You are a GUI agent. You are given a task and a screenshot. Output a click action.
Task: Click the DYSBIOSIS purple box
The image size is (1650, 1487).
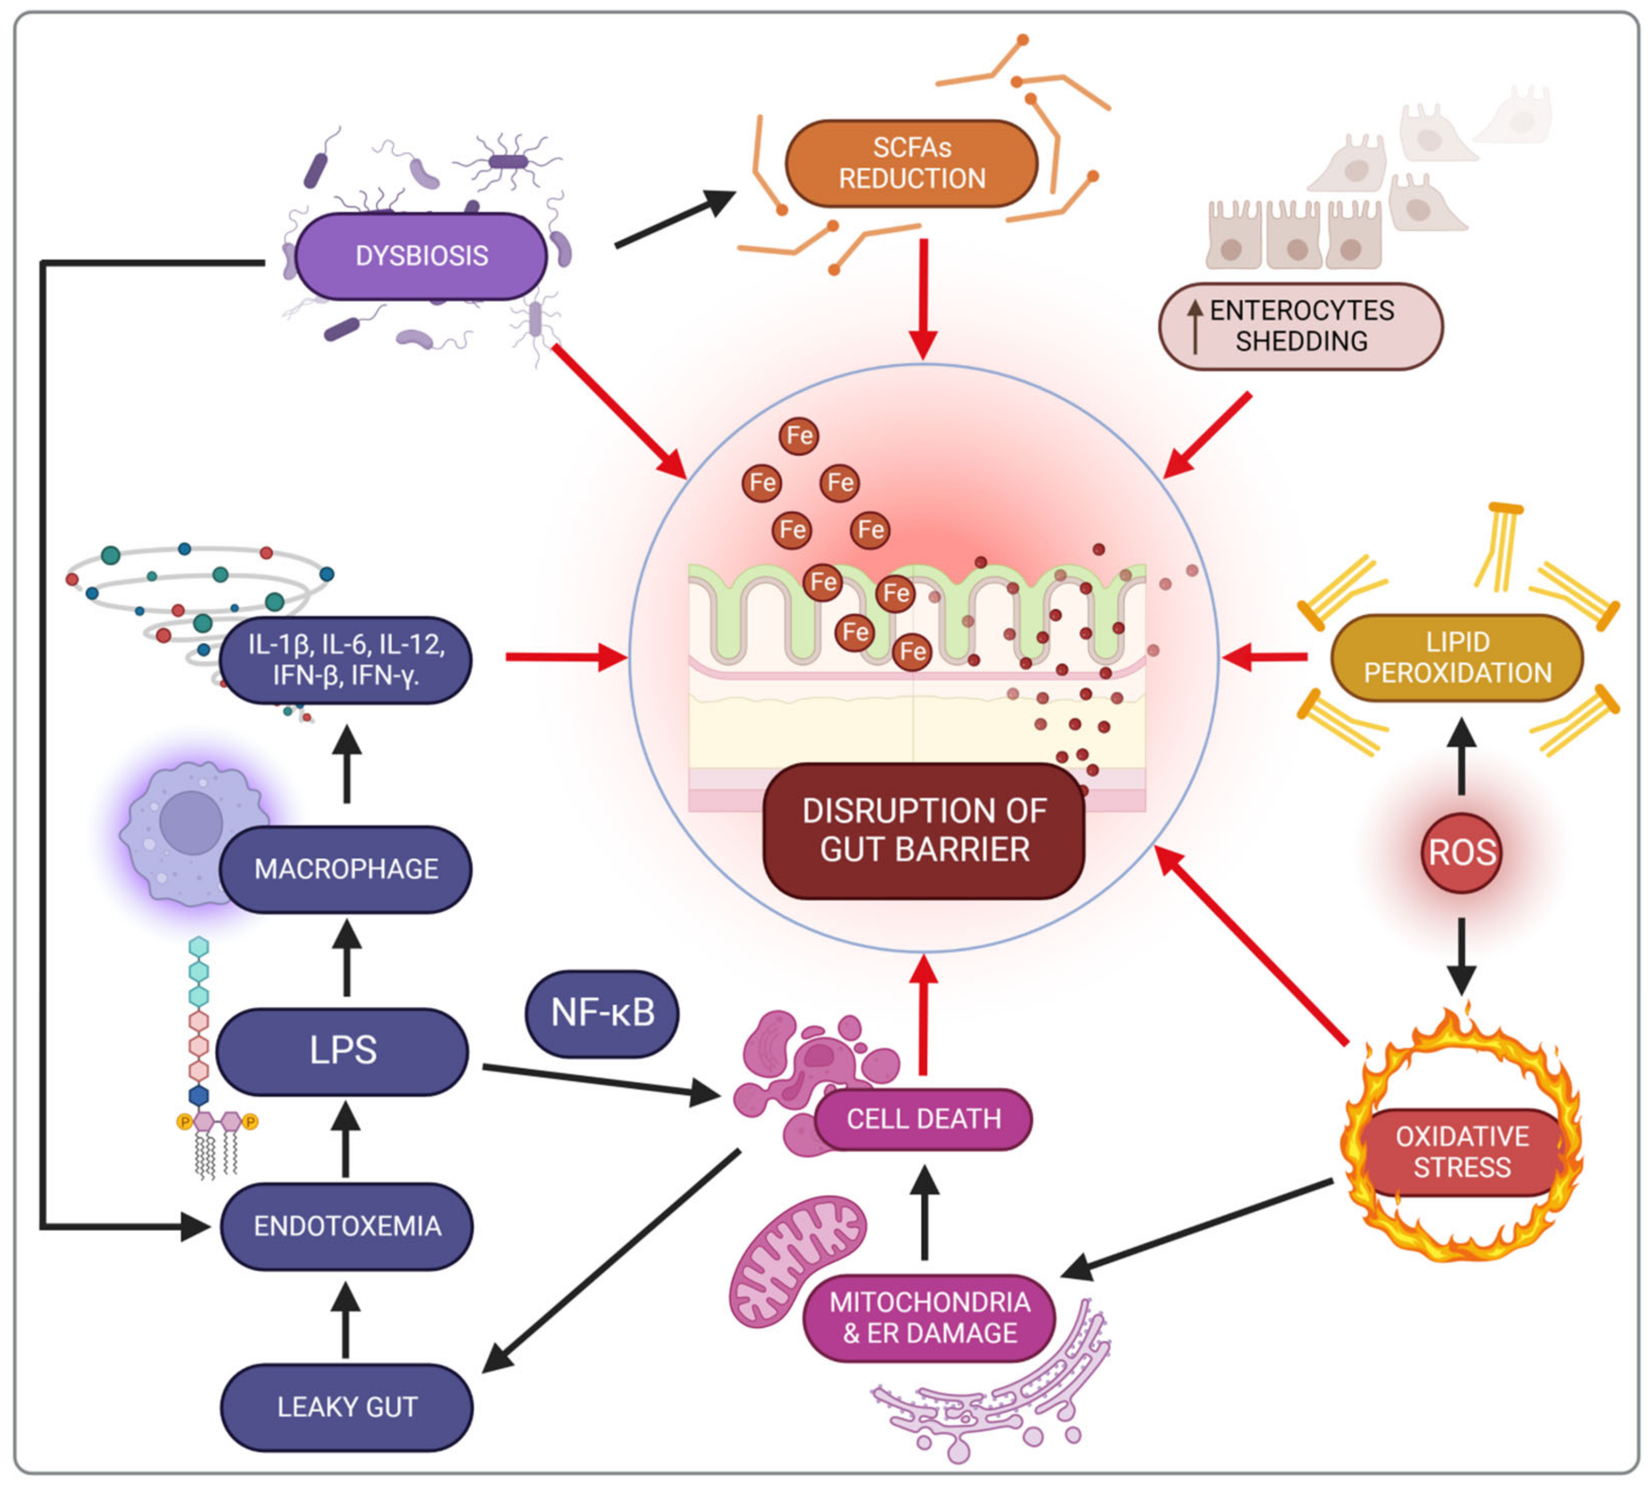(x=421, y=256)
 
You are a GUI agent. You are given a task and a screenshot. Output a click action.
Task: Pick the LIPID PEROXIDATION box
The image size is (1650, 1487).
(x=1456, y=658)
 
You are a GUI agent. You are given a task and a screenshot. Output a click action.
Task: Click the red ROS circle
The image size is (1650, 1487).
(x=1461, y=853)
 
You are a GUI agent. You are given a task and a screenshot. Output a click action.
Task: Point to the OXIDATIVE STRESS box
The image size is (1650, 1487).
(x=1461, y=1152)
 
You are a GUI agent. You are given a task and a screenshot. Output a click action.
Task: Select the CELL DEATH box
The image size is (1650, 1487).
(x=923, y=1118)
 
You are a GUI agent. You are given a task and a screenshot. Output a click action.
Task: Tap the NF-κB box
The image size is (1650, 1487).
(x=602, y=1013)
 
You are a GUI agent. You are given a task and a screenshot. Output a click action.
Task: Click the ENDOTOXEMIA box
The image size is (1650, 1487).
(x=347, y=1226)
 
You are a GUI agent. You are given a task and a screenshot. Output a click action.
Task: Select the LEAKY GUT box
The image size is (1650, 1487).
(x=347, y=1407)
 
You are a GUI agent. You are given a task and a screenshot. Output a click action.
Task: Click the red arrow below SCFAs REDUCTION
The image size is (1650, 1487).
(x=923, y=298)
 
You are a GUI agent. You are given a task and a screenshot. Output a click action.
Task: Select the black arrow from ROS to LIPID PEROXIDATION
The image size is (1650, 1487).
(x=1461, y=756)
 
